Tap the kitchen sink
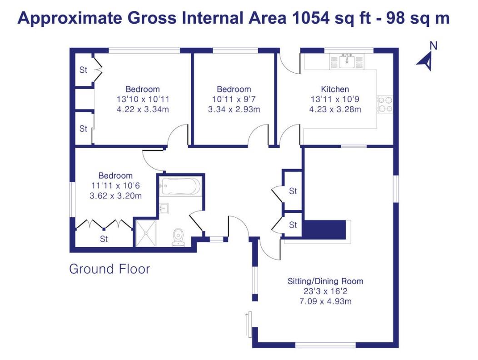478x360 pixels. coord(347,60)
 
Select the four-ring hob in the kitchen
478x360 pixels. coord(385,104)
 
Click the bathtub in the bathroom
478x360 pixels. coord(180,186)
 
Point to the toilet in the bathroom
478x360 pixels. coord(178,237)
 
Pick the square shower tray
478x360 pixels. coord(146,232)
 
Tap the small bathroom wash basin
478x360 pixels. coord(164,208)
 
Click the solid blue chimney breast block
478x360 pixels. coord(324,229)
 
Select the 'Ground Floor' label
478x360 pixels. coord(110,269)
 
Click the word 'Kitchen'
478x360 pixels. coord(335,89)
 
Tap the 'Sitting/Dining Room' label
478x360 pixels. coord(325,281)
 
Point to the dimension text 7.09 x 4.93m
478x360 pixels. coord(325,301)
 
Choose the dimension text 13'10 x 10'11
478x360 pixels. coord(143,99)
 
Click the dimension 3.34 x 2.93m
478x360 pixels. coord(234,109)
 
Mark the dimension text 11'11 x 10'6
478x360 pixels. coord(115,185)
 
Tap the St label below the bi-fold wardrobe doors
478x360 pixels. coord(104,239)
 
